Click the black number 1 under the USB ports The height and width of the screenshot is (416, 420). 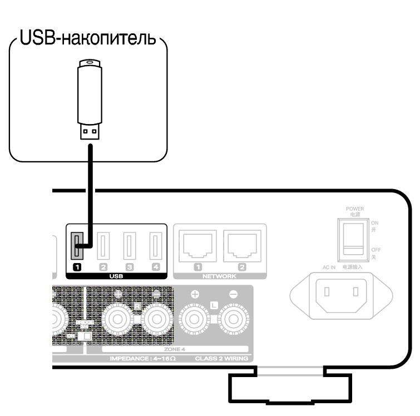pos(78,267)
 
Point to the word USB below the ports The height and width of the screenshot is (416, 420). pos(116,275)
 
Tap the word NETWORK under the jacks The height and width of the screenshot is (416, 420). pos(219,275)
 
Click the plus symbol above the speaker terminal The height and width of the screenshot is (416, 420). pos(195,294)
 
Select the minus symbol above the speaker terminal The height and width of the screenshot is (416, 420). pos(234,294)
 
